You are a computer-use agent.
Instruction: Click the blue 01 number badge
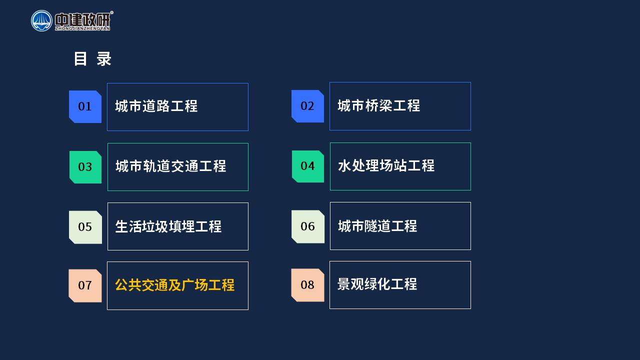click(x=85, y=106)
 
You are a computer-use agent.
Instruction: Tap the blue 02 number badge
click(x=307, y=106)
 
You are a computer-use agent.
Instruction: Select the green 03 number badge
click(x=85, y=167)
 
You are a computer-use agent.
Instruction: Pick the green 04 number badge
click(x=308, y=166)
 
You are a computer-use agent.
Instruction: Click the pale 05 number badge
click(x=85, y=227)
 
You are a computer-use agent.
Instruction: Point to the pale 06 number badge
click(x=308, y=226)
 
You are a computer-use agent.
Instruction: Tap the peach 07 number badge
click(x=85, y=285)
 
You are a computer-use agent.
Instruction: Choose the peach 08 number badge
click(x=307, y=285)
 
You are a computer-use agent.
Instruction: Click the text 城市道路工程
click(x=156, y=106)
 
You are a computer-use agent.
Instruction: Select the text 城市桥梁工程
click(x=379, y=105)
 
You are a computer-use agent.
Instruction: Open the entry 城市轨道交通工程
click(x=171, y=166)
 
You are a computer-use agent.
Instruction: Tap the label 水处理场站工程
click(x=386, y=165)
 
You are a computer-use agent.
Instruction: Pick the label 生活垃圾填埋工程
click(x=168, y=226)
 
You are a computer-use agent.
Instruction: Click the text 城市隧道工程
click(x=377, y=226)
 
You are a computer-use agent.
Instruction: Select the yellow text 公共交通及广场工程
click(x=175, y=285)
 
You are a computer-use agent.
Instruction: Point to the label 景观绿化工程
click(x=377, y=284)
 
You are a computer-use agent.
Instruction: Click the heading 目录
click(x=92, y=59)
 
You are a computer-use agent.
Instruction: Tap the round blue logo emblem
click(x=41, y=21)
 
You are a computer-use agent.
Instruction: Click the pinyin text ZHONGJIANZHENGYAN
click(x=82, y=28)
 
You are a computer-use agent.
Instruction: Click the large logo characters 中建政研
click(x=82, y=19)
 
